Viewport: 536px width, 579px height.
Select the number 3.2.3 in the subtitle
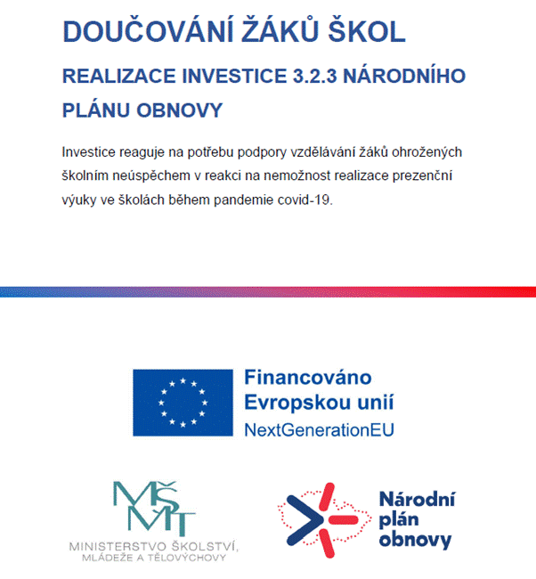(x=317, y=77)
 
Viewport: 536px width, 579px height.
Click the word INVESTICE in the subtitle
(x=231, y=77)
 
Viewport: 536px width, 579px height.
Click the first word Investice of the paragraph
(x=90, y=151)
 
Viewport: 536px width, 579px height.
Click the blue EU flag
(x=183, y=400)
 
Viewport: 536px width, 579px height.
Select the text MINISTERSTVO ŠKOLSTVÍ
(x=153, y=545)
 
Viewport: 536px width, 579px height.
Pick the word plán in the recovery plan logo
(x=398, y=518)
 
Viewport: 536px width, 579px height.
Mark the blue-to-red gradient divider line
(x=268, y=292)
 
